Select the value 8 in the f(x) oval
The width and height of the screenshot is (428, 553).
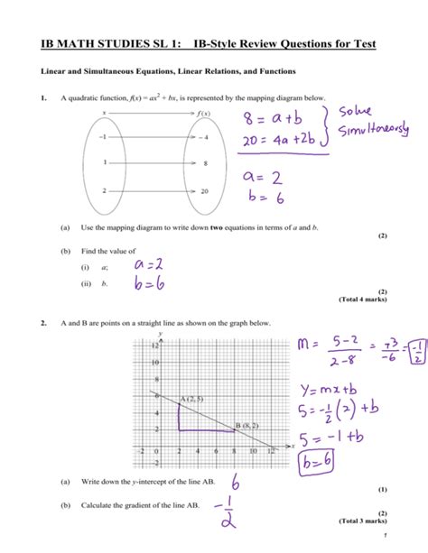coord(206,163)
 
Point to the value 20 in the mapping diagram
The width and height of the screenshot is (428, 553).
coord(206,191)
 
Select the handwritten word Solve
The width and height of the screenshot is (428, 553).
coord(362,115)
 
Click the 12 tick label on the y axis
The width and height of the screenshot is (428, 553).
coord(130,346)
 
